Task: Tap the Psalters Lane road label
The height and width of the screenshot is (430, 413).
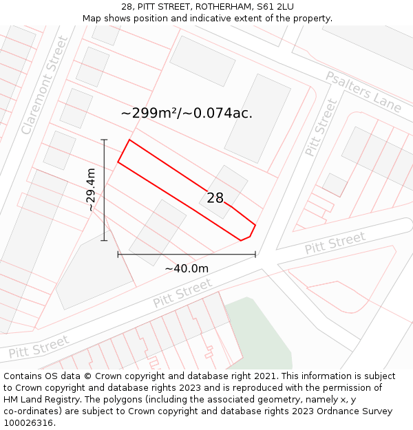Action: [x=363, y=92]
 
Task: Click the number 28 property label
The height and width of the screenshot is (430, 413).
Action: [x=215, y=198]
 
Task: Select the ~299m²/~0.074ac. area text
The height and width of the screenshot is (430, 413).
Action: [x=187, y=113]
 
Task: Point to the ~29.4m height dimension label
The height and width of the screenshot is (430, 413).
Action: [x=90, y=190]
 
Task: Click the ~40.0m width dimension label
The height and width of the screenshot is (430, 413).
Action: [x=186, y=268]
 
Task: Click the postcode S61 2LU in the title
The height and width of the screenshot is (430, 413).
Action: [x=275, y=7]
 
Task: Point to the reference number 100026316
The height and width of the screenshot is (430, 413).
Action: [x=28, y=423]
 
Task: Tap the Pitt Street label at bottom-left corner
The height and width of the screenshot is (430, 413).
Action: [x=39, y=347]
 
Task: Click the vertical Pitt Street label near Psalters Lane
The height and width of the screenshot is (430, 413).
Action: [x=321, y=127]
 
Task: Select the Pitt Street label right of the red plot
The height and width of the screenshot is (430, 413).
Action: [x=335, y=243]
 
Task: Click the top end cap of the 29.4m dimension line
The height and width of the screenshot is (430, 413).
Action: [x=105, y=140]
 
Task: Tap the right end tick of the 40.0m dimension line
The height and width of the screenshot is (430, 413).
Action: [x=255, y=255]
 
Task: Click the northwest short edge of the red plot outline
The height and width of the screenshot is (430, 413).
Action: [x=124, y=151]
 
